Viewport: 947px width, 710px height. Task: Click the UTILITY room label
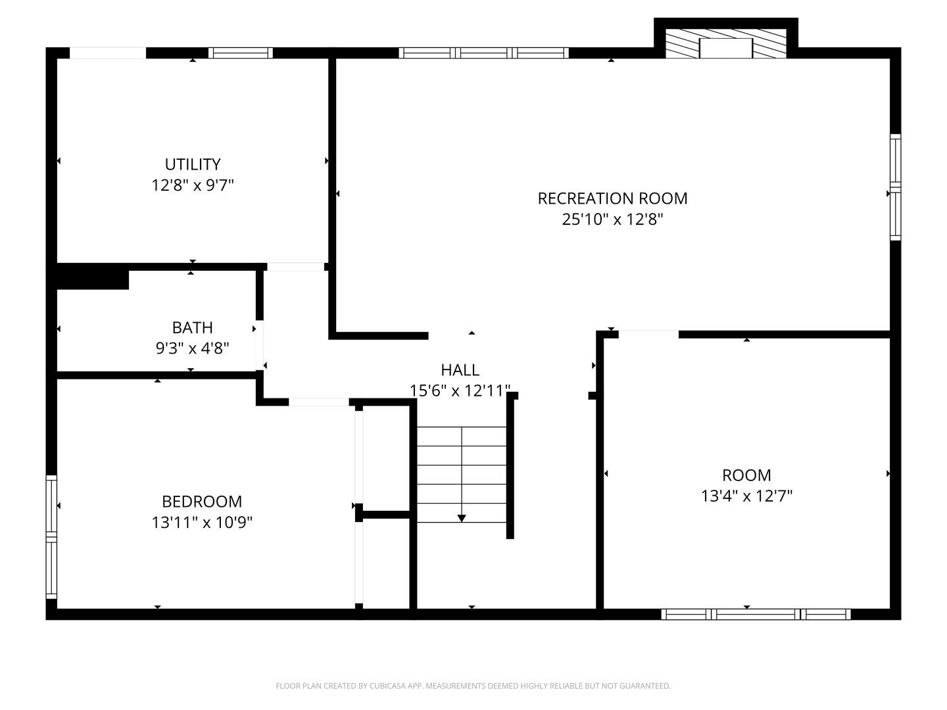coord(192,164)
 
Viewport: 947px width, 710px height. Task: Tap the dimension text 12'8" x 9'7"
coord(192,185)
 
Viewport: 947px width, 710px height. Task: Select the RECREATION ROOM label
coord(612,199)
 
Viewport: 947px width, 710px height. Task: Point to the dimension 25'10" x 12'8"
coord(612,220)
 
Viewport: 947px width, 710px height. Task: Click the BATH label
coord(192,327)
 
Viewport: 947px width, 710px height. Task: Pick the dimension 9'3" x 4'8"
coord(192,348)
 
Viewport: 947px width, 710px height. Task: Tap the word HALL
coord(460,370)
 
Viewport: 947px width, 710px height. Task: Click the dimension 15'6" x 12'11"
coord(460,391)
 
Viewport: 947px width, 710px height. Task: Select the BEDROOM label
coord(202,502)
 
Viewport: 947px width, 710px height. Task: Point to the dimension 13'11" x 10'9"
coord(202,523)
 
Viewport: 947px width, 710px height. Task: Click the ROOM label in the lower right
coord(746,475)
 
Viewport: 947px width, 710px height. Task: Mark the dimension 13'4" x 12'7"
coord(746,496)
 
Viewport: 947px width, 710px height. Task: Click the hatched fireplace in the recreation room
coord(726,44)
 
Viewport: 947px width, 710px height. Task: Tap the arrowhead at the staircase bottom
coord(462,518)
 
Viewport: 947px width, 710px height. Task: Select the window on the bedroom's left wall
coord(51,537)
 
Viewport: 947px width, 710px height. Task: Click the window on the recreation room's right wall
coord(895,187)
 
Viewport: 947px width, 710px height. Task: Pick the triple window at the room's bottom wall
coord(756,615)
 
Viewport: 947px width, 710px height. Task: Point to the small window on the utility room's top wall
coord(241,53)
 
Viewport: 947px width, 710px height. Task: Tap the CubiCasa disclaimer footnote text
coord(473,686)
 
